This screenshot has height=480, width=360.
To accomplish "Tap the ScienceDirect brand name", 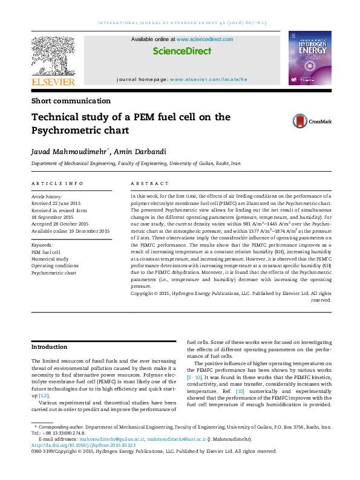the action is (x=182, y=51).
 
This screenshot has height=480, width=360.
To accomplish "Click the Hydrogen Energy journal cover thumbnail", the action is (x=310, y=58).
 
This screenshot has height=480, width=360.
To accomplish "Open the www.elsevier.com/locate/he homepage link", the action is (x=209, y=80).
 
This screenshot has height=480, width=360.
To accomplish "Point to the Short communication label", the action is (x=71, y=101).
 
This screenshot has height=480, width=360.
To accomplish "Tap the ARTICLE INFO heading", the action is (x=57, y=183).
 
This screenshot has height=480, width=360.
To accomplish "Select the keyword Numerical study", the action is (x=50, y=259).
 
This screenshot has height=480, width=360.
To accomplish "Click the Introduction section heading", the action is (x=50, y=347).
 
